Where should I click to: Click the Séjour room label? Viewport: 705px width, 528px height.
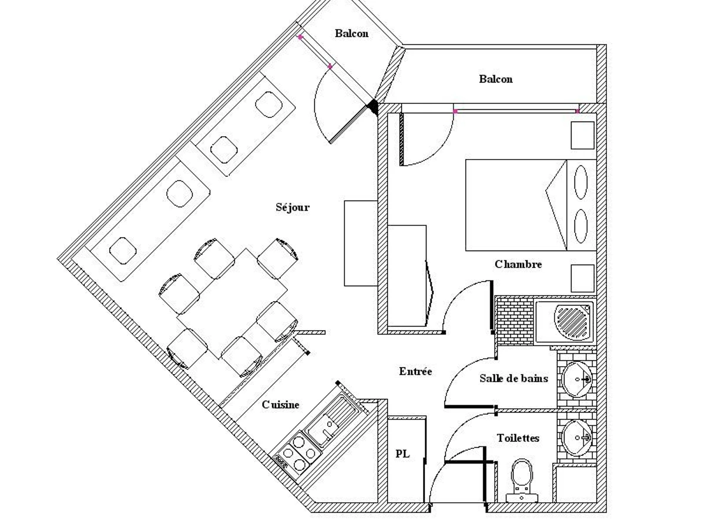[x=292, y=208]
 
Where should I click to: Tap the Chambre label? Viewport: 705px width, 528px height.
[x=518, y=264]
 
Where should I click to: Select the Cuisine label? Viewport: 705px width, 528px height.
[x=280, y=405]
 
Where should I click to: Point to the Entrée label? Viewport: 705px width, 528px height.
[x=415, y=371]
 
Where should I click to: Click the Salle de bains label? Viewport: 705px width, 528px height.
[x=513, y=378]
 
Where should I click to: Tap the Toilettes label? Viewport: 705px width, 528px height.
[x=518, y=438]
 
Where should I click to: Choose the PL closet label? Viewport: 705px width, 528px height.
[x=402, y=454]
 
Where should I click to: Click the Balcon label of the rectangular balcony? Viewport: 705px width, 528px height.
[x=496, y=79]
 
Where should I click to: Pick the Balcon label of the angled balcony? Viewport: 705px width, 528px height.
[x=351, y=33]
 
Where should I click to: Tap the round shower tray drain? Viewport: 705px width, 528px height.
[x=573, y=320]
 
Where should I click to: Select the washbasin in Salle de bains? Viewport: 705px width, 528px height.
[x=577, y=379]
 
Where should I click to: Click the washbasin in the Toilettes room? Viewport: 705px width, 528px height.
[x=577, y=438]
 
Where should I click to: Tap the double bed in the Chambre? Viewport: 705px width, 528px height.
[x=531, y=205]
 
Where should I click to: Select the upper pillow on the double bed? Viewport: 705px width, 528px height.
[x=580, y=182]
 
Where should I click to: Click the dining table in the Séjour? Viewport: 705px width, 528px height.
[x=232, y=303]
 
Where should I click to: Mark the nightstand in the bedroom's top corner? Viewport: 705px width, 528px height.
[x=582, y=136]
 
